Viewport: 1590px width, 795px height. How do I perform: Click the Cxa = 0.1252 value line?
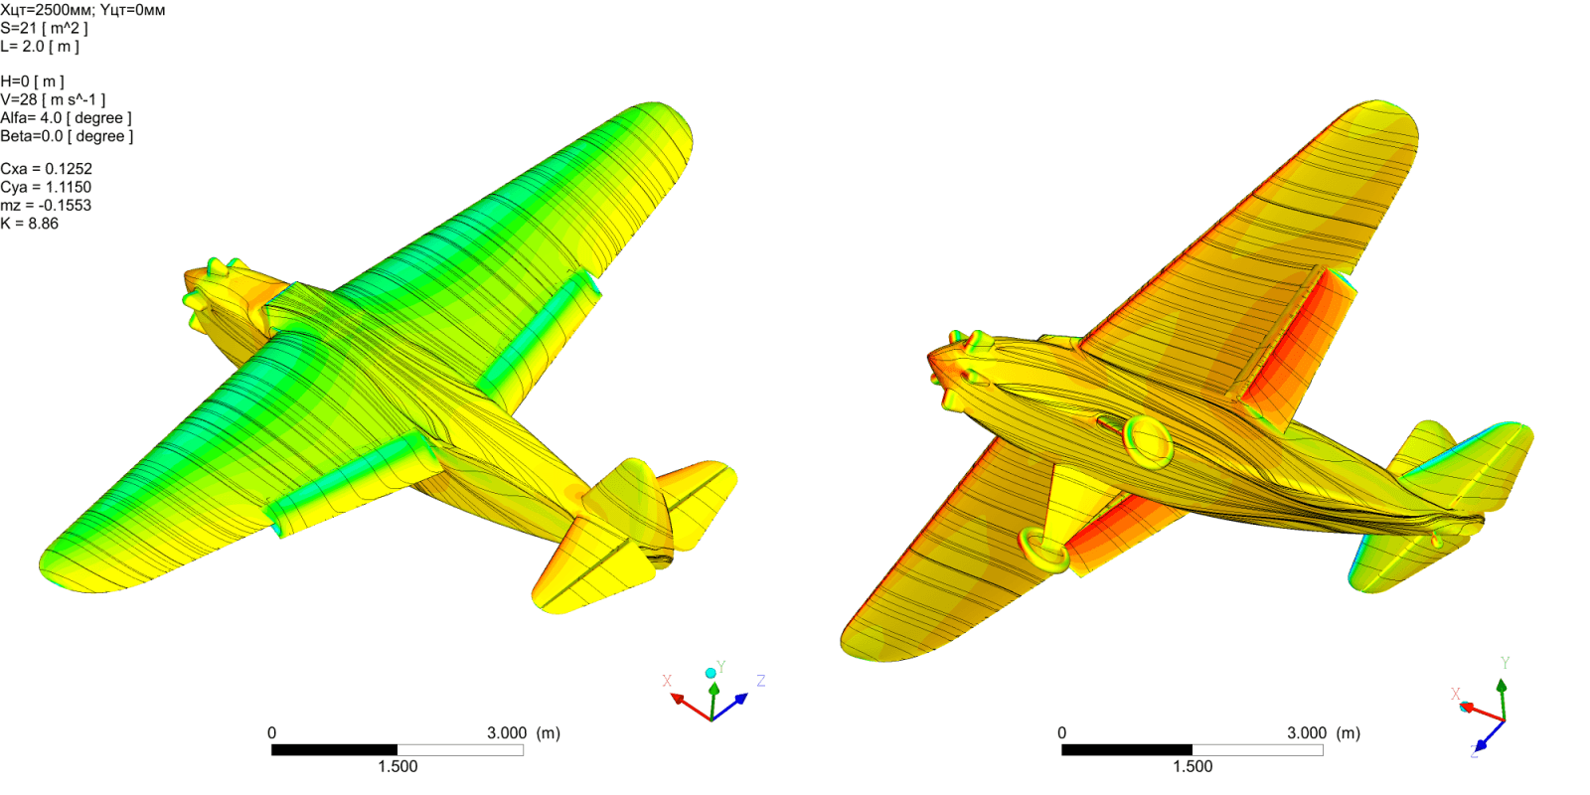(x=46, y=169)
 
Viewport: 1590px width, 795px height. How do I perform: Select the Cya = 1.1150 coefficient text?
(x=46, y=187)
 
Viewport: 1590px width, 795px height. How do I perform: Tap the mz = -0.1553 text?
(x=46, y=206)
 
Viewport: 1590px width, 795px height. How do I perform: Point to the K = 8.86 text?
(x=30, y=224)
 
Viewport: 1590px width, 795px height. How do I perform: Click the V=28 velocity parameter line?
(x=53, y=99)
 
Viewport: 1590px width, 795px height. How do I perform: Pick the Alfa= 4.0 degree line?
(x=66, y=118)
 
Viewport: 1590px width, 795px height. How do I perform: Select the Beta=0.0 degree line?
(x=67, y=136)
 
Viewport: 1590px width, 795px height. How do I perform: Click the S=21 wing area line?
(x=44, y=28)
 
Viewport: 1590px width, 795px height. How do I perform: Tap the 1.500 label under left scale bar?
(x=397, y=766)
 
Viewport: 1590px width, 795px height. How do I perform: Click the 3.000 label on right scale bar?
(x=1306, y=733)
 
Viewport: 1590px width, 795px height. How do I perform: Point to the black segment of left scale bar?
(x=334, y=750)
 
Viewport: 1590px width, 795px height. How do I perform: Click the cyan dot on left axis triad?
(x=711, y=673)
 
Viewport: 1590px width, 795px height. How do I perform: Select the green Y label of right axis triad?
(x=1505, y=663)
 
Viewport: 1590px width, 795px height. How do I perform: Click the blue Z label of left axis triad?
(x=760, y=681)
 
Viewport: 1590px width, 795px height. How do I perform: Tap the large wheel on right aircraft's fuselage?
(x=1148, y=442)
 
